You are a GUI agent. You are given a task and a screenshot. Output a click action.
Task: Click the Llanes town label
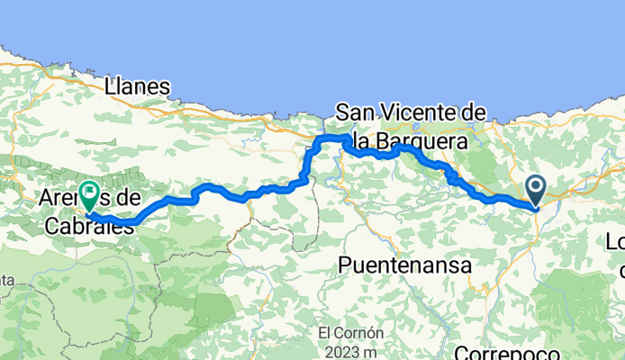click(x=137, y=86)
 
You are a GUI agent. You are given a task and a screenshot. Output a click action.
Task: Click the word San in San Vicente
click(x=354, y=112)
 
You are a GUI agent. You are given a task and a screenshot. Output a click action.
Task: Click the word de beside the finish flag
click(x=128, y=197)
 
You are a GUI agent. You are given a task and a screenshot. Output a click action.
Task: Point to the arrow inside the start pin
click(x=536, y=188)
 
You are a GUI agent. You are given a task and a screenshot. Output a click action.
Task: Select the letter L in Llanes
click(x=111, y=86)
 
